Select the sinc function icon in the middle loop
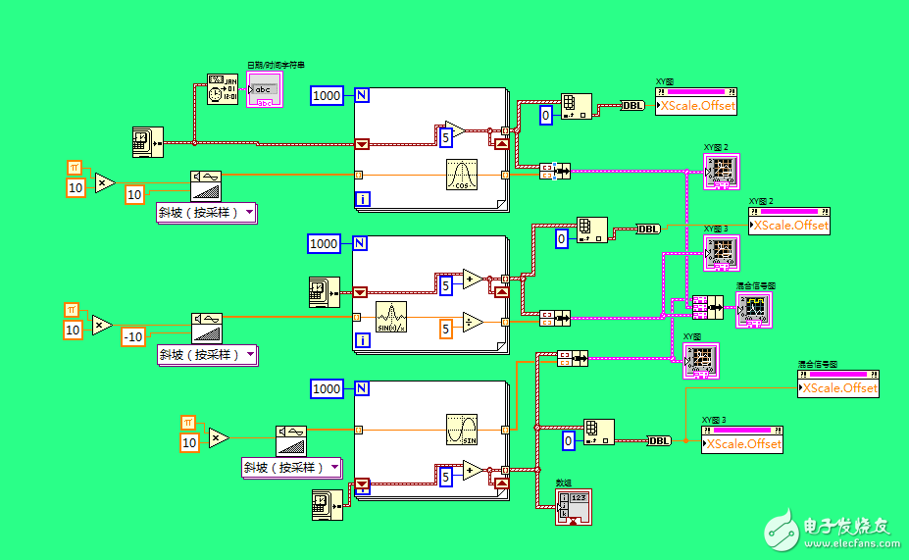point(390,317)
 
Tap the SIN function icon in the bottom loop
point(461,429)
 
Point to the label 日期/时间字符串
point(268,65)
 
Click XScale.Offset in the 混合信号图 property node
point(840,388)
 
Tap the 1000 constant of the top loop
point(327,95)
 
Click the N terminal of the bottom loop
point(362,388)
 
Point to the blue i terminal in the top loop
point(362,200)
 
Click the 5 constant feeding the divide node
point(446,330)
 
